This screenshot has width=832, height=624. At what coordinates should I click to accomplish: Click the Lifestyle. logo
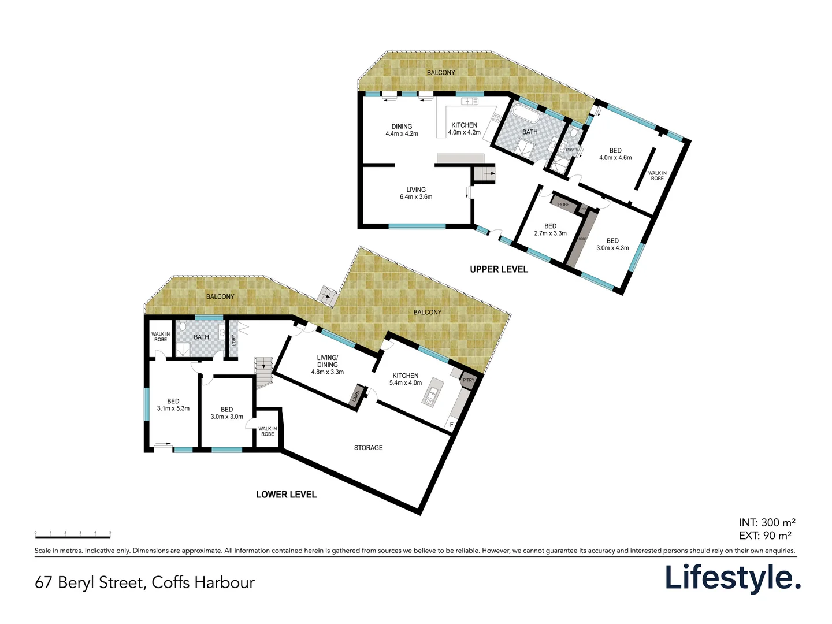click(x=732, y=578)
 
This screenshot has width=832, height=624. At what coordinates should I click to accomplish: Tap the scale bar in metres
click(x=73, y=536)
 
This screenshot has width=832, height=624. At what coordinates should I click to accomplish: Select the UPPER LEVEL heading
click(x=499, y=269)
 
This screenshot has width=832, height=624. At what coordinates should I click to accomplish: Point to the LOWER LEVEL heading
click(x=286, y=495)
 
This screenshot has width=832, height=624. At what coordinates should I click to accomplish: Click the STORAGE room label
click(x=368, y=448)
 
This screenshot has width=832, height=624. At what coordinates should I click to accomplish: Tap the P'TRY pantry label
click(x=468, y=380)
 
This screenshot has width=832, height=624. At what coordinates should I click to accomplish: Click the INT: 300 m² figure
click(x=767, y=523)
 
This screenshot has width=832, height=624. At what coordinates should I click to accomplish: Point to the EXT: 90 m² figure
click(x=765, y=536)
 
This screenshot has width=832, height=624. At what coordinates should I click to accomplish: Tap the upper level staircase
click(x=484, y=174)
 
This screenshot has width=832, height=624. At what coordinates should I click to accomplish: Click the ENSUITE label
click(x=571, y=150)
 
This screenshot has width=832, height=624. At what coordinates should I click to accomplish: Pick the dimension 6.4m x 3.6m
click(x=416, y=197)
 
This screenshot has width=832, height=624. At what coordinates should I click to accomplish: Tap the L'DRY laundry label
click(x=233, y=340)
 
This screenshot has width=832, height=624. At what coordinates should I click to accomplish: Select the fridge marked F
click(x=452, y=425)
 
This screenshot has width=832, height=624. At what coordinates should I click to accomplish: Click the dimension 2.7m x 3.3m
click(x=550, y=233)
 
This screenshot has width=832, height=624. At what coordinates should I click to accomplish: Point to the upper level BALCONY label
click(x=441, y=73)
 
